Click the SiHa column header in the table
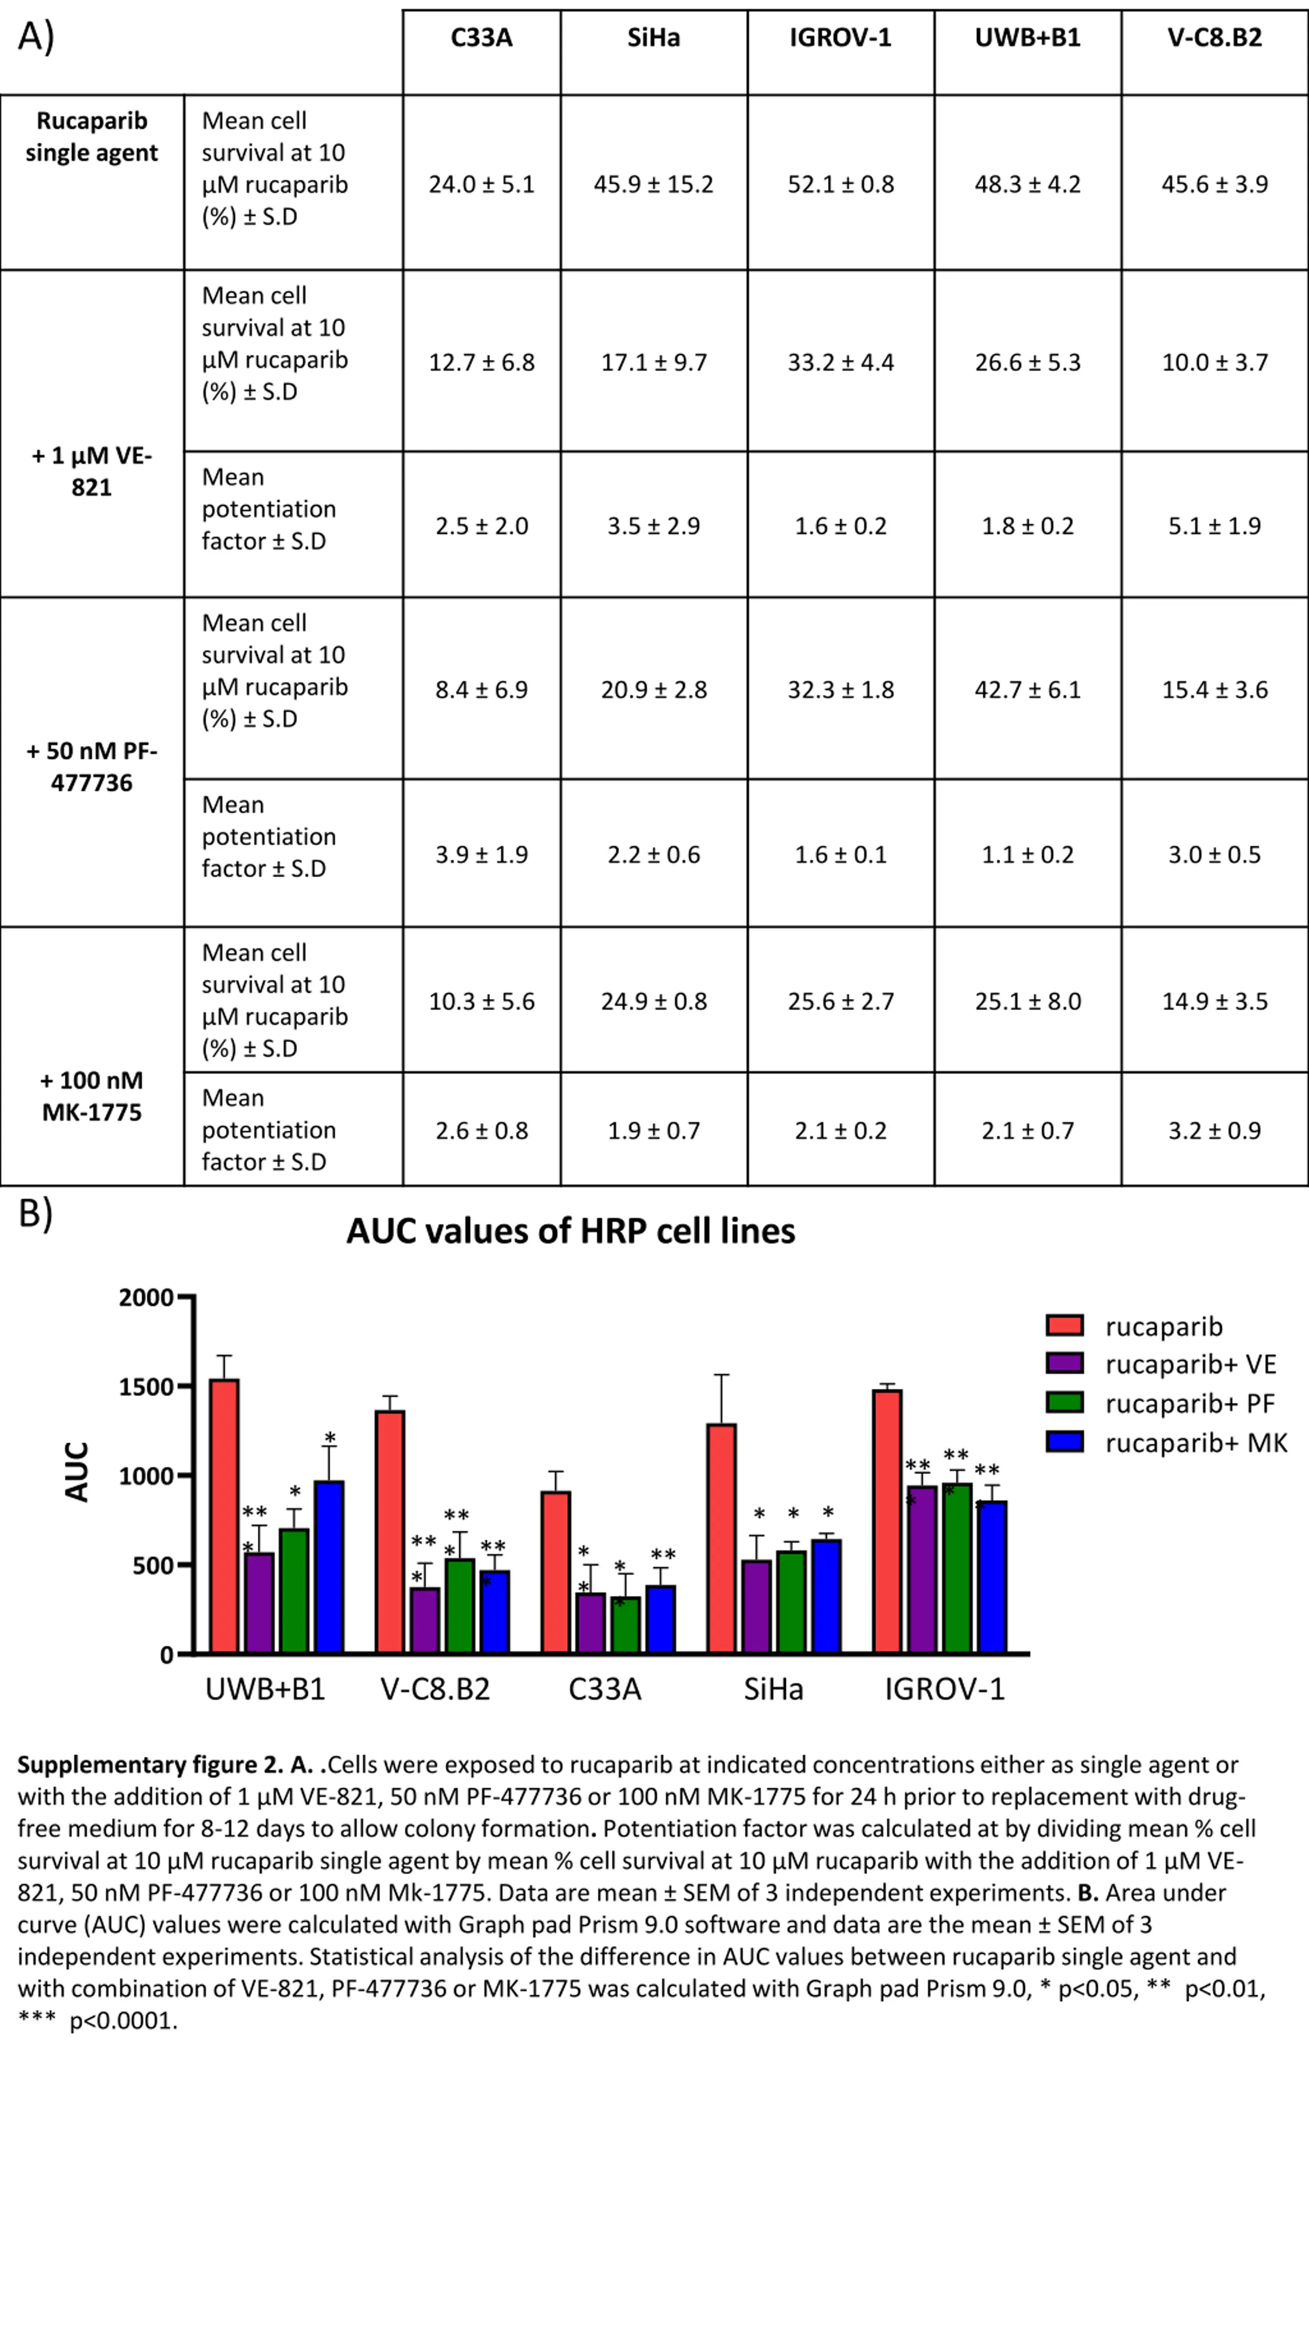pyautogui.click(x=653, y=38)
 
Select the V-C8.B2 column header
pyautogui.click(x=1214, y=38)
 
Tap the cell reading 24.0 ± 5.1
pyautogui.click(x=482, y=184)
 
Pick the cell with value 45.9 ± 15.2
pyautogui.click(x=653, y=184)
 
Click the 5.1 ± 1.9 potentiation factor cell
pyautogui.click(x=1214, y=526)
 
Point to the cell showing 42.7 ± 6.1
pyautogui.click(x=1027, y=690)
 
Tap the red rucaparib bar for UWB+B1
pyautogui.click(x=224, y=1516)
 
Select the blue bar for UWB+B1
pyautogui.click(x=329, y=1567)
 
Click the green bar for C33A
pyautogui.click(x=625, y=1625)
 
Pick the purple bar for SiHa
pyautogui.click(x=756, y=1606)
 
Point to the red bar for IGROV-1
pyautogui.click(x=887, y=1521)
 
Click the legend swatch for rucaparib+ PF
pyautogui.click(x=1065, y=1402)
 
